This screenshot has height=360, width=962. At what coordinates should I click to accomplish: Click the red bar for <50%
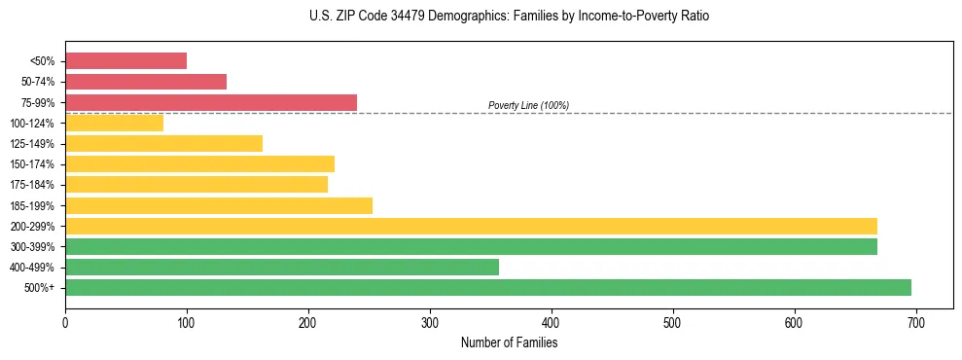pyautogui.click(x=125, y=61)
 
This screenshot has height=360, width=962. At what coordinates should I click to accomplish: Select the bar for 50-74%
pyautogui.click(x=146, y=82)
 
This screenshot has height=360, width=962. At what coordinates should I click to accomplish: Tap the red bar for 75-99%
pyautogui.click(x=211, y=102)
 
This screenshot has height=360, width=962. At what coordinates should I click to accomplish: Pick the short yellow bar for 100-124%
pyautogui.click(x=114, y=123)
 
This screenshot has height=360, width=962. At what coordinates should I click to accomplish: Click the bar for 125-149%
pyautogui.click(x=163, y=143)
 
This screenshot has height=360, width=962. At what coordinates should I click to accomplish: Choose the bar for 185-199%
pyautogui.click(x=219, y=205)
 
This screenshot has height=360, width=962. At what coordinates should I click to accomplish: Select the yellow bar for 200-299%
pyautogui.click(x=471, y=226)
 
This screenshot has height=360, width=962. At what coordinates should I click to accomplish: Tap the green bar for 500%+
pyautogui.click(x=488, y=287)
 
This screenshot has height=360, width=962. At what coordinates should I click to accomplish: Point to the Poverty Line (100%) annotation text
pyautogui.click(x=528, y=105)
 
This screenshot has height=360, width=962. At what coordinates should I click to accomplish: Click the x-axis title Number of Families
pyautogui.click(x=509, y=342)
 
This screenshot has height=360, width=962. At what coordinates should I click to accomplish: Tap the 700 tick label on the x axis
pyautogui.click(x=915, y=324)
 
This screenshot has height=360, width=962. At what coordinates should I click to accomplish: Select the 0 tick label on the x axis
pyautogui.click(x=65, y=324)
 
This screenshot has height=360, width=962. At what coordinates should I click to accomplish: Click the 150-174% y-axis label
pyautogui.click(x=32, y=164)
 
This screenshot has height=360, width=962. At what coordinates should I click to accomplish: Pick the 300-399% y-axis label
pyautogui.click(x=32, y=247)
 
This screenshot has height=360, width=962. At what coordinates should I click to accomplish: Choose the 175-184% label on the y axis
pyautogui.click(x=32, y=185)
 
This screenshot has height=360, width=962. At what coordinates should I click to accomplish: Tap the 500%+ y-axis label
pyautogui.click(x=39, y=288)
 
